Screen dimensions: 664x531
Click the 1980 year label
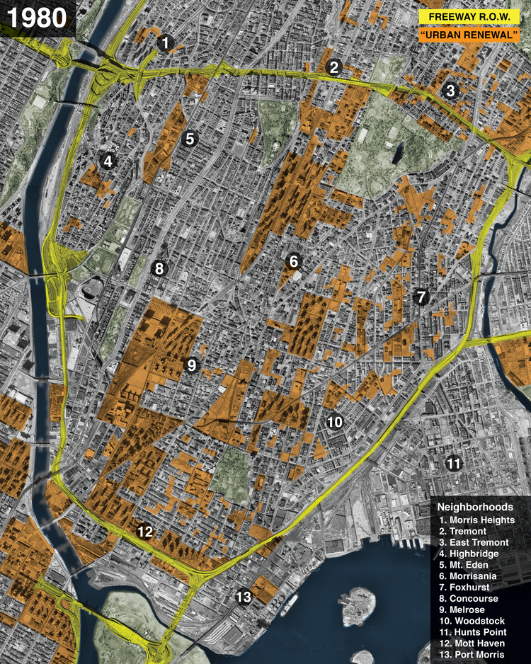pos(37,18)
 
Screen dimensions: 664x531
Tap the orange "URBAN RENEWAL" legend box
pos(470,34)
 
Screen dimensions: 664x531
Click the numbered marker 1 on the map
pos(165,44)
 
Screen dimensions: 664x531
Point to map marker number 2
pos(335,67)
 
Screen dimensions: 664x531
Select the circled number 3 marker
pos(450,91)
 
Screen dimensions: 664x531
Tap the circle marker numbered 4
pos(108,161)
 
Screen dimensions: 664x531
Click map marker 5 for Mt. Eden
pos(189,139)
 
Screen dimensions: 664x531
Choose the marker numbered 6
pos(294,261)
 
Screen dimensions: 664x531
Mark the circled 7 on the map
pos(421,297)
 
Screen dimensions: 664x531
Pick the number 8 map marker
pos(159,268)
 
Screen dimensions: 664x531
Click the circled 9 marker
pos(190,365)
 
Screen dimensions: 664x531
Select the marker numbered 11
pos(453,464)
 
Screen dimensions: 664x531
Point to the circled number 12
pos(145,531)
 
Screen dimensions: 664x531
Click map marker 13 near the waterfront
pos(244,597)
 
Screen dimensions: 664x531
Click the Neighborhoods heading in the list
pos(474,507)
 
